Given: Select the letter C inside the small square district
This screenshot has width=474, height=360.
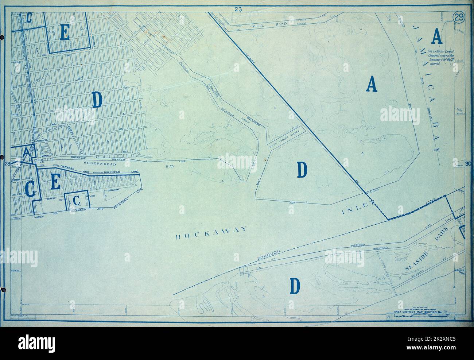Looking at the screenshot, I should pyautogui.click(x=76, y=200).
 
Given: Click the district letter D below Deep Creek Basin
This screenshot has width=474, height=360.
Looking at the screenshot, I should pyautogui.click(x=302, y=170).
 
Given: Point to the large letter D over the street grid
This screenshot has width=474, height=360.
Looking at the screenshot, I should pyautogui.click(x=97, y=100).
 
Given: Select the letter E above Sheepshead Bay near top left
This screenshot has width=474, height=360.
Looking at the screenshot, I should pyautogui.click(x=65, y=34).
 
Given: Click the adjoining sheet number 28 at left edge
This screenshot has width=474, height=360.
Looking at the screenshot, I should pyautogui.click(x=7, y=164).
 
